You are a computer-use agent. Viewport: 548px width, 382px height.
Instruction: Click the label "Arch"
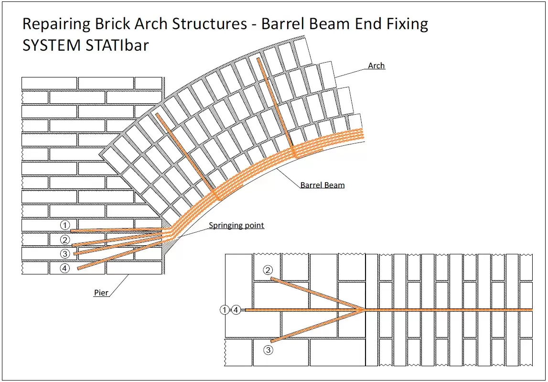[x=376, y=65]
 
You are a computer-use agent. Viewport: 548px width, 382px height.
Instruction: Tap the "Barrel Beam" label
[x=322, y=185]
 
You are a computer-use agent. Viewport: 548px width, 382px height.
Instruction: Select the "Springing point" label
[x=236, y=225]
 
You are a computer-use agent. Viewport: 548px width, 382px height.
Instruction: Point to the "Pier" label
[x=101, y=293]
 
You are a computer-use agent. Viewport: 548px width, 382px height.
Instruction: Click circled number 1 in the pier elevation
[x=65, y=225]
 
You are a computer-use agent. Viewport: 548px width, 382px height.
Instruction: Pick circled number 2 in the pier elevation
[x=65, y=240]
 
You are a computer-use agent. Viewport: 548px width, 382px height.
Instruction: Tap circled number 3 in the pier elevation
[x=65, y=253]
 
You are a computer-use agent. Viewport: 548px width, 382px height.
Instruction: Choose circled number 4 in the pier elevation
[x=65, y=268]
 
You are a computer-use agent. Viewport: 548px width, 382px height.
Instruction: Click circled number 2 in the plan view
[x=268, y=271]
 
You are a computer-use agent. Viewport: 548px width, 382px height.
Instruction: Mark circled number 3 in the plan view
[x=268, y=350]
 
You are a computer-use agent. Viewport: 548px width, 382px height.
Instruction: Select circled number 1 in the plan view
[x=225, y=310]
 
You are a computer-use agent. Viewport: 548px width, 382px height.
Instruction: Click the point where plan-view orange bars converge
[x=362, y=310]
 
